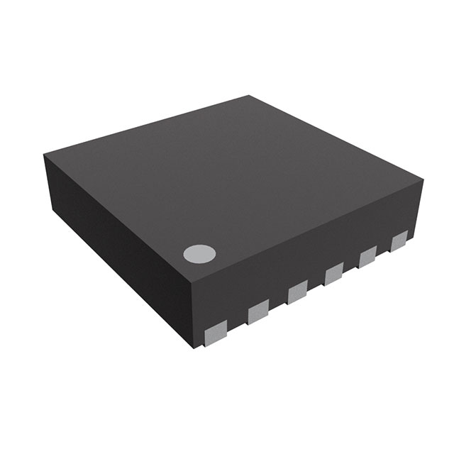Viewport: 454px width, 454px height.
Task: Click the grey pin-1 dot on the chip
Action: (199, 253)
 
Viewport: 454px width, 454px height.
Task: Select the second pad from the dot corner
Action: (258, 309)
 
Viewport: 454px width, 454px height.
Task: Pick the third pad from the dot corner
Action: (297, 292)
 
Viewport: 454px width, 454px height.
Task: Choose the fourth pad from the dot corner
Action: (333, 273)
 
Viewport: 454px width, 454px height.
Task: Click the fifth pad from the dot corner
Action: (367, 257)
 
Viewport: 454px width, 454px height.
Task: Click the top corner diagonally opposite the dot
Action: (250, 96)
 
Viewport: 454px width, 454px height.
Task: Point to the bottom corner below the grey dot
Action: (195, 349)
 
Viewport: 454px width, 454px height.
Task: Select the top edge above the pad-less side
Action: (117, 211)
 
